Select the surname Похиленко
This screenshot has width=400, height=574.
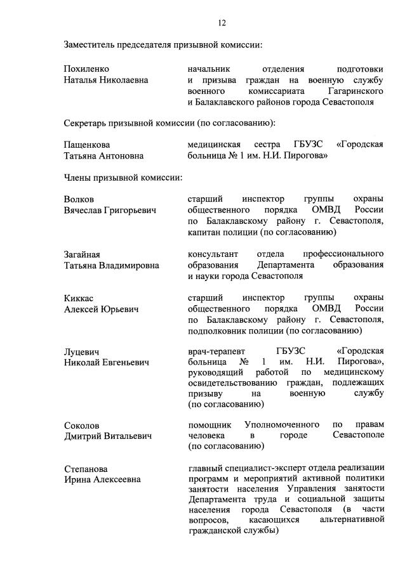point(86,68)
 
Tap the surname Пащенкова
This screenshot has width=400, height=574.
point(87,144)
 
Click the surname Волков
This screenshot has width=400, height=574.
point(79,199)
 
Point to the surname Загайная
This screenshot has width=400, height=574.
point(83,254)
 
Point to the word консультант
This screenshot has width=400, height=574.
point(214,254)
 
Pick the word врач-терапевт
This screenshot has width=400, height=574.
point(217,351)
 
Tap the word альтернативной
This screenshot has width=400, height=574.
point(352,520)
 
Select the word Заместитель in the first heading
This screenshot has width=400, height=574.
point(93,44)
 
